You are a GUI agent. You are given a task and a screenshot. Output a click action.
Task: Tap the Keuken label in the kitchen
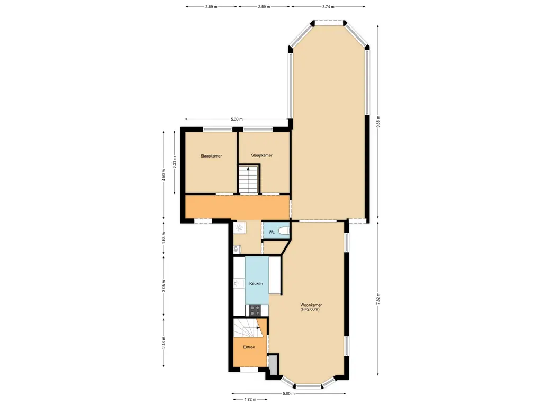(256, 284)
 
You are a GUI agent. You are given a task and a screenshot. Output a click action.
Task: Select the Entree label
(249, 347)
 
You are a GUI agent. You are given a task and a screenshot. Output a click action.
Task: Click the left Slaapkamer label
(211, 156)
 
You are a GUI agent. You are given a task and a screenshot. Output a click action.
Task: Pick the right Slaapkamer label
(261, 155)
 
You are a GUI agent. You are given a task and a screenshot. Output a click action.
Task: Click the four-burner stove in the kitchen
(255, 310)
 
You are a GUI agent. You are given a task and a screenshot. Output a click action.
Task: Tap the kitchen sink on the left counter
(238, 284)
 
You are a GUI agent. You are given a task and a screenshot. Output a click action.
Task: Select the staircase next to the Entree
(248, 328)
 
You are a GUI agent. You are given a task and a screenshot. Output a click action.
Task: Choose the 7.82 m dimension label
(377, 298)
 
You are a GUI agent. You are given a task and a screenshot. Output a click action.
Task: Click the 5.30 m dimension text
(237, 119)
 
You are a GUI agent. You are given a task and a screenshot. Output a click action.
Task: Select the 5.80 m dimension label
(289, 393)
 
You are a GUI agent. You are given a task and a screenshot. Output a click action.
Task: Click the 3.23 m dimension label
(174, 160)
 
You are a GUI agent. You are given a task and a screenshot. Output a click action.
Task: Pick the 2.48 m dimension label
(164, 342)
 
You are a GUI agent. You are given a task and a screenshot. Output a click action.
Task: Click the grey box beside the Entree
(273, 365)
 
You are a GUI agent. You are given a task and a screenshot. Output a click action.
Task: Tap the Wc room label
(271, 232)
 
